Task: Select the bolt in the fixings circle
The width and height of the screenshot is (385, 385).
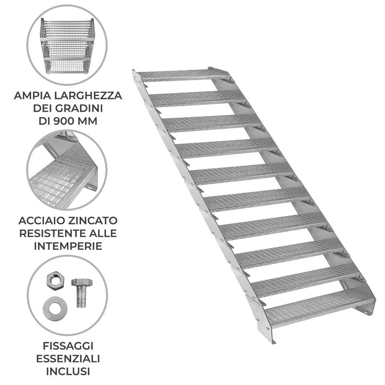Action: pos(81,294)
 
